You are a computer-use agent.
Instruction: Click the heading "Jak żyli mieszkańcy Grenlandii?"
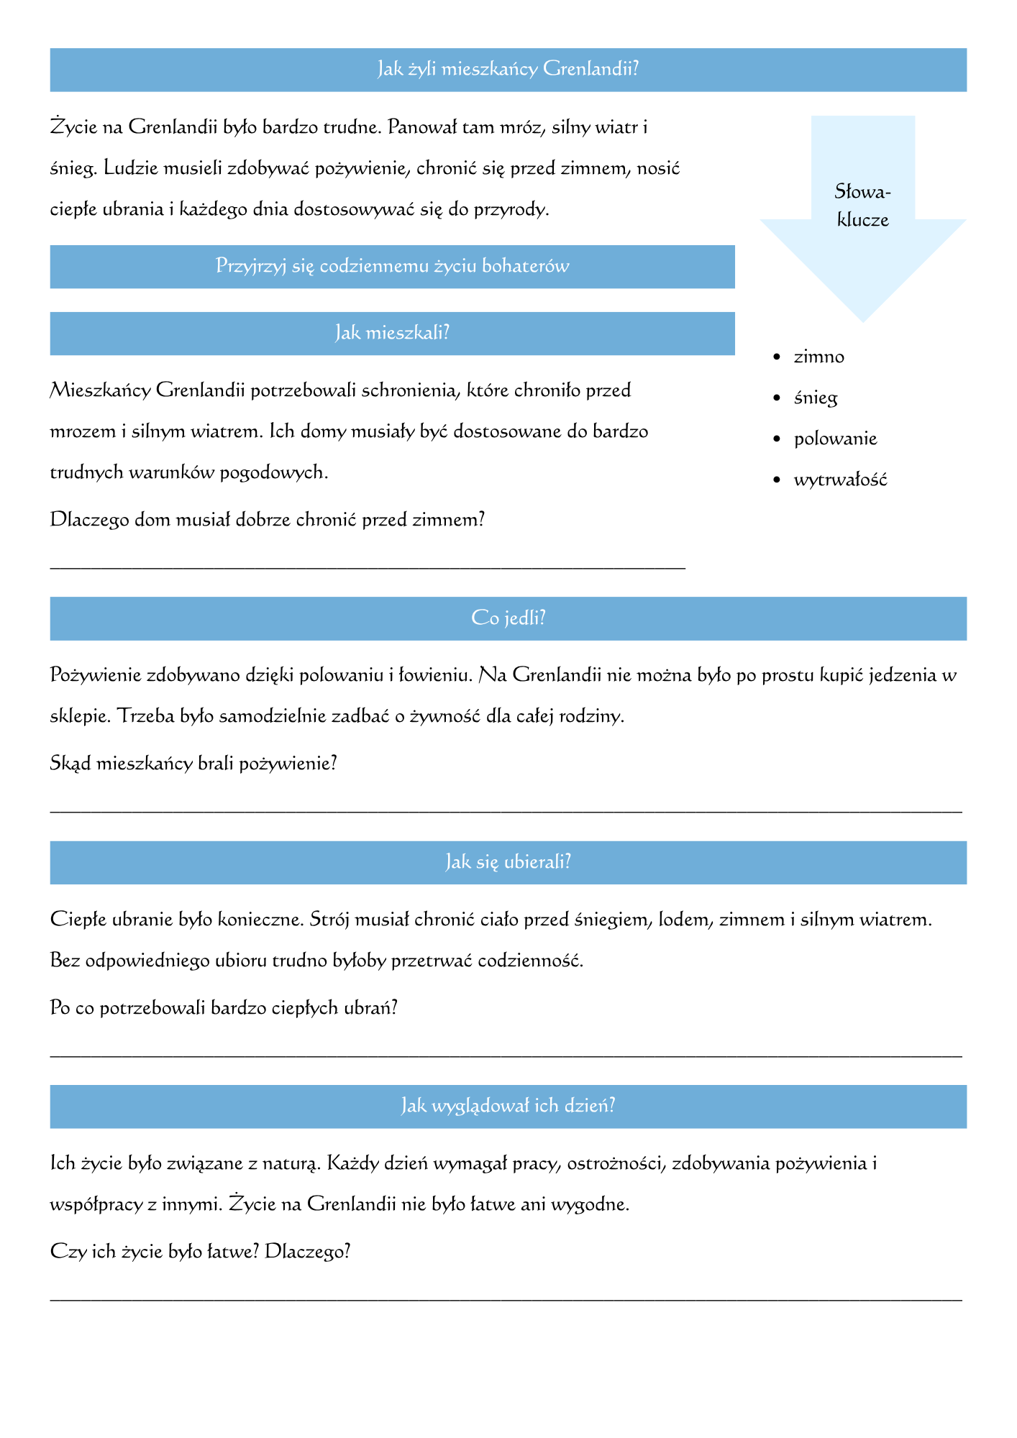[508, 70]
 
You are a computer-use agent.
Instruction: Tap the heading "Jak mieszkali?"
[392, 333]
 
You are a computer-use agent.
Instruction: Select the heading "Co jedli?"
[508, 618]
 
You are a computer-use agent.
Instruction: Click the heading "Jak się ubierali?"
[508, 862]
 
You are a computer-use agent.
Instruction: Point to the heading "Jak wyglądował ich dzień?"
[508, 1106]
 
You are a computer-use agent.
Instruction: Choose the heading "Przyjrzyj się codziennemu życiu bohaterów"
[392, 267]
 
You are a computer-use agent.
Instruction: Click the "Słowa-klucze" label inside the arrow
[862, 206]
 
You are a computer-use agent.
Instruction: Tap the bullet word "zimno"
[818, 357]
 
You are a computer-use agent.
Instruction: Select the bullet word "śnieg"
[816, 398]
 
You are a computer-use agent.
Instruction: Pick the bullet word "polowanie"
[835, 439]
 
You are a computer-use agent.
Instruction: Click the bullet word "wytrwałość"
[840, 480]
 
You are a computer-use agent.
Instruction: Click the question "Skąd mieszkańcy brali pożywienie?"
[193, 764]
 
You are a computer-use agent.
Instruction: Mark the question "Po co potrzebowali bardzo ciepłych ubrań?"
[224, 1008]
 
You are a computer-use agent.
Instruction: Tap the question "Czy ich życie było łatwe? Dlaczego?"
[200, 1252]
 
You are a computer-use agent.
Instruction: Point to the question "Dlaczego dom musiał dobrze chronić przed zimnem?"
[267, 520]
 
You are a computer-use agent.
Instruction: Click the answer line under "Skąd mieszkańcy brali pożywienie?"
[506, 811]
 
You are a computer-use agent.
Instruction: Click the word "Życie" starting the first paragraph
[71, 128]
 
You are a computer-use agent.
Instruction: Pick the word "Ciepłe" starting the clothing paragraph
[76, 920]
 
